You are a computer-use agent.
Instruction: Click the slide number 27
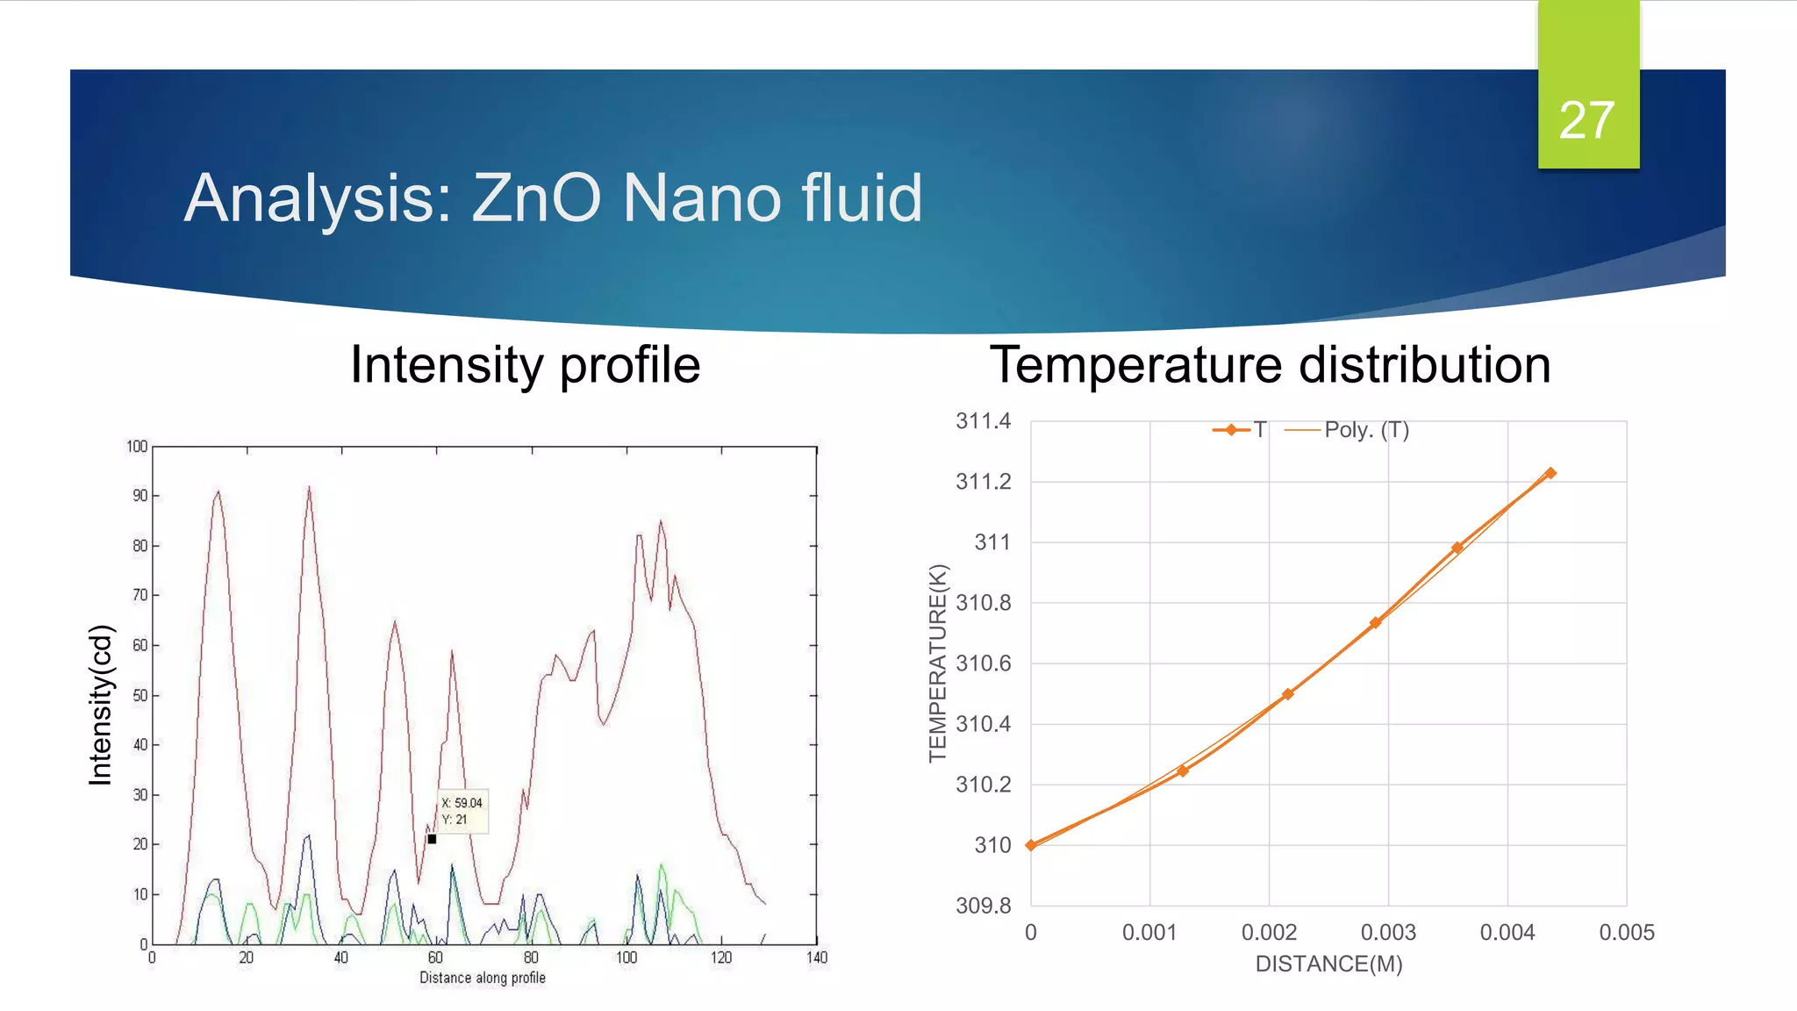pyautogui.click(x=1586, y=120)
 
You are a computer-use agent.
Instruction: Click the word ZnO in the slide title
pyautogui.click(x=536, y=198)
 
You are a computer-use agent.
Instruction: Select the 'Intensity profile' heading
pyautogui.click(x=525, y=365)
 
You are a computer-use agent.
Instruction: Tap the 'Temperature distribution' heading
pyautogui.click(x=1270, y=365)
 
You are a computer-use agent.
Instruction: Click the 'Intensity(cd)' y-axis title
pyautogui.click(x=101, y=705)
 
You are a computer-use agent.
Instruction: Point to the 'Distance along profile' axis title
pyautogui.click(x=482, y=978)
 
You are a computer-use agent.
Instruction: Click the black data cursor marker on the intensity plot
pyautogui.click(x=432, y=839)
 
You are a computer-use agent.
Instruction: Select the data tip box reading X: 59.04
pyautogui.click(x=462, y=811)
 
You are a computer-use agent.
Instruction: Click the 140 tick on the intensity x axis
pyautogui.click(x=817, y=957)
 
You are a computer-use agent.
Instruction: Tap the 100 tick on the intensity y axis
pyautogui.click(x=137, y=447)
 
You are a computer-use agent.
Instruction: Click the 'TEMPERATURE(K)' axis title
pyautogui.click(x=938, y=663)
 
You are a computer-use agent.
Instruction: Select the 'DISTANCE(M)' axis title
pyautogui.click(x=1328, y=964)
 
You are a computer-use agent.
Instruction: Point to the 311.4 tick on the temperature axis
pyautogui.click(x=983, y=421)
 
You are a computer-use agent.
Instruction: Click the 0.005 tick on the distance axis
pyautogui.click(x=1626, y=933)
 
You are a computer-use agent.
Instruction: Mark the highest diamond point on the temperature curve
pyautogui.click(x=1550, y=473)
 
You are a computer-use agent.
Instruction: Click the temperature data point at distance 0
pyautogui.click(x=1031, y=846)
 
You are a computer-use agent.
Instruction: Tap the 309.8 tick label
pyautogui.click(x=983, y=906)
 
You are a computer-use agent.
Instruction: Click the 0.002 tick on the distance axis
pyautogui.click(x=1269, y=933)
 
